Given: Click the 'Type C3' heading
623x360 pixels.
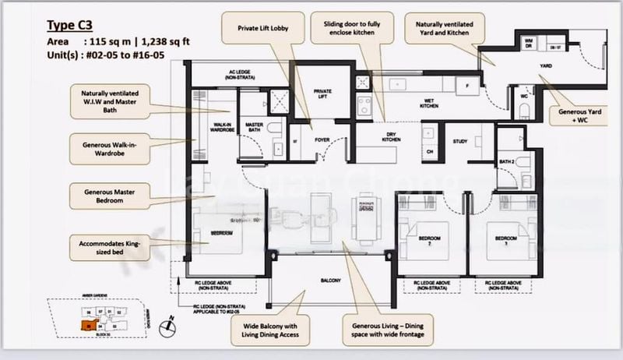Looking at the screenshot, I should [70, 26].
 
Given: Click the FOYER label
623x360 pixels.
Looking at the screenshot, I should [322, 141].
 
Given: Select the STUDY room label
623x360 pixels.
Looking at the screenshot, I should [460, 140].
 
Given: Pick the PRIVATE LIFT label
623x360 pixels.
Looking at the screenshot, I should [322, 94].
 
